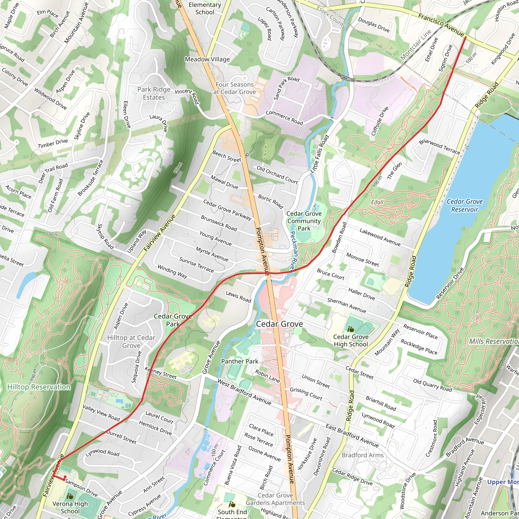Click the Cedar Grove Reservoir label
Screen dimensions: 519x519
pyautogui.click(x=465, y=205)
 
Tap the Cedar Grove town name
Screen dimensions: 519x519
pyautogui.click(x=279, y=324)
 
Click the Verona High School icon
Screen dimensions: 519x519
pyautogui.click(x=70, y=496)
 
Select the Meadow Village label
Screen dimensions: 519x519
pyautogui.click(x=207, y=59)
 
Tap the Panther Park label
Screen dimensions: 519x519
pyautogui.click(x=240, y=361)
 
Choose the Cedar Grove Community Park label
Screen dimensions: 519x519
pyautogui.click(x=304, y=221)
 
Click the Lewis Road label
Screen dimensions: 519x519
pyautogui.click(x=238, y=296)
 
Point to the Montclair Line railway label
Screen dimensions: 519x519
pyautogui.click(x=415, y=45)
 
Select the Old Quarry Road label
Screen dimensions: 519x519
pyautogui.click(x=432, y=385)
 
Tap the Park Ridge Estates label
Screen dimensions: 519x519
pyautogui.click(x=154, y=93)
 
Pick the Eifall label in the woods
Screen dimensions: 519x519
pyautogui.click(x=377, y=202)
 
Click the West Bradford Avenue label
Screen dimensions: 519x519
pyautogui.click(x=244, y=392)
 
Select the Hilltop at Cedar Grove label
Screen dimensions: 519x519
pyautogui.click(x=131, y=341)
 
